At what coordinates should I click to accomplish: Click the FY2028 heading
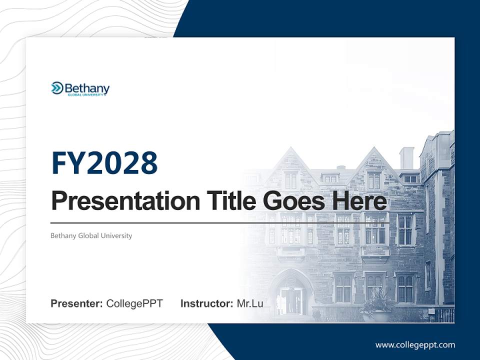coord(104,163)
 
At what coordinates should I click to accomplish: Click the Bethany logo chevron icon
coord(57,88)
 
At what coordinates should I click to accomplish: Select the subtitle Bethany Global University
coord(91,235)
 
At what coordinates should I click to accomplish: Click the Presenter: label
coord(77,303)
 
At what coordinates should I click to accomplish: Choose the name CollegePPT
coord(134,303)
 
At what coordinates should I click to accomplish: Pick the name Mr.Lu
coord(250,303)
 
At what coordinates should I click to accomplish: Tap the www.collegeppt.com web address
coord(415,345)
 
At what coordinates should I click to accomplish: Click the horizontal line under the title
coord(220,223)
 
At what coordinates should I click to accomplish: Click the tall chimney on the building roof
coord(406,158)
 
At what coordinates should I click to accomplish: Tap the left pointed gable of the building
coord(290,160)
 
